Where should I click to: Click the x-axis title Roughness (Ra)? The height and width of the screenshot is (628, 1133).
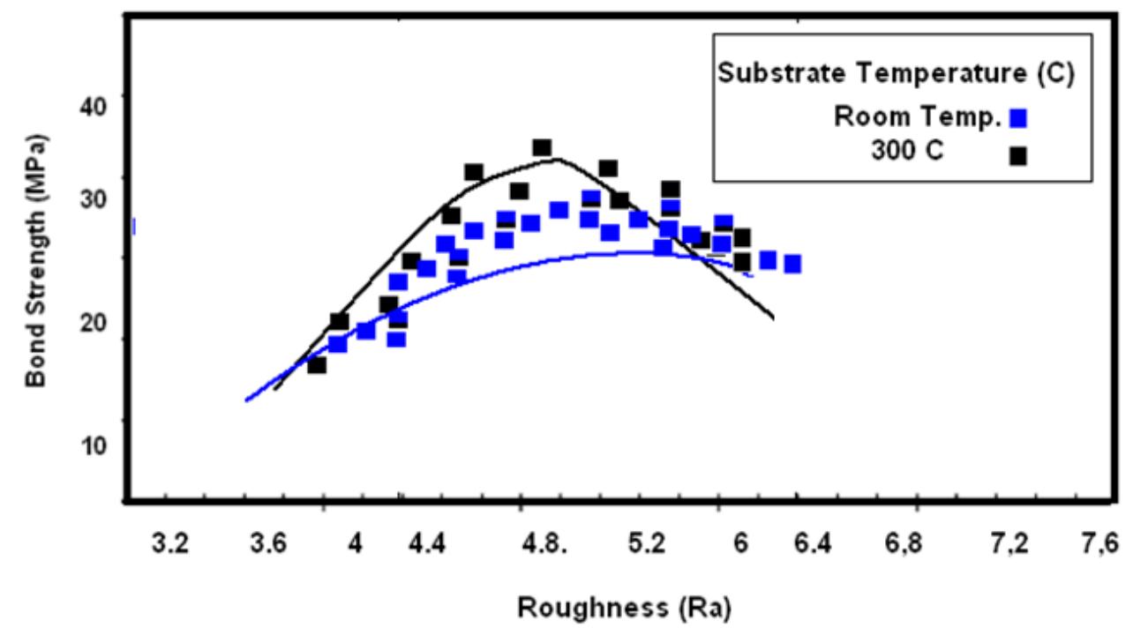point(624,608)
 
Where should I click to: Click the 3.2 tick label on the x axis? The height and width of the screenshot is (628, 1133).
point(169,543)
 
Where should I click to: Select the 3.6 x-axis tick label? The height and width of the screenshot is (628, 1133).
point(268,543)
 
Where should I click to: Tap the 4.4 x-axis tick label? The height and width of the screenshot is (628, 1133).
point(427,543)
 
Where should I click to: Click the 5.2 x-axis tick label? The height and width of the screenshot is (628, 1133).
point(647,543)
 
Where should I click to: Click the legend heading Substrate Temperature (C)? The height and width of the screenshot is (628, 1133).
point(896,73)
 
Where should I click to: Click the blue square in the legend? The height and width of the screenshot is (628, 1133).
point(1019,118)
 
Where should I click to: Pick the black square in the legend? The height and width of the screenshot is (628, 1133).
point(1019,155)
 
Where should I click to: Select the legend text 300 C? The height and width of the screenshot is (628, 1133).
point(907,151)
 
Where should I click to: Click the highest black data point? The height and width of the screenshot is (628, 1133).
point(542,147)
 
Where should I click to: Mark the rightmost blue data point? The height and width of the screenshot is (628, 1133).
point(792,264)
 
